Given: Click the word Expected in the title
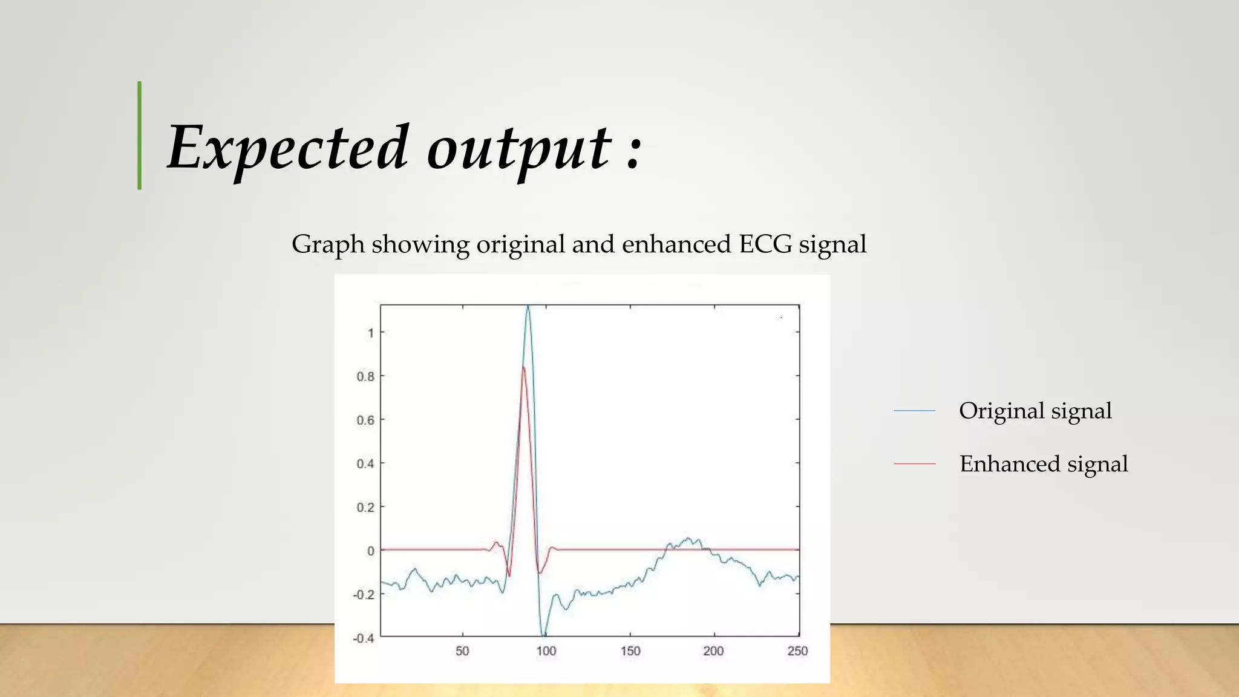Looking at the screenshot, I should [x=287, y=148].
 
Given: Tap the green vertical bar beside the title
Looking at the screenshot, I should [x=140, y=136].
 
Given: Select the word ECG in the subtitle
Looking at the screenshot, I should [x=765, y=244].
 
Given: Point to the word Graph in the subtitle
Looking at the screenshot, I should [x=328, y=244].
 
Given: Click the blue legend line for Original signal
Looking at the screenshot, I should [x=914, y=411].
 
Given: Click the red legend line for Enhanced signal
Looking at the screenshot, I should [x=914, y=463].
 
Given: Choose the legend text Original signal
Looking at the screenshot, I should [x=1035, y=411].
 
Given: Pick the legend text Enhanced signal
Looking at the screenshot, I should [x=1044, y=464].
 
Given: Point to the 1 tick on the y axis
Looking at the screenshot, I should [x=370, y=333].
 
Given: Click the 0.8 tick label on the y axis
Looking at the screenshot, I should [x=365, y=376].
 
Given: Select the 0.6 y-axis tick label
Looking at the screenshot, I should [x=365, y=420].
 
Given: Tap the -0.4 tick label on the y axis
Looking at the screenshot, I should [x=364, y=638].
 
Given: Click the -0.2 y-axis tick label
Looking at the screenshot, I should [x=364, y=595].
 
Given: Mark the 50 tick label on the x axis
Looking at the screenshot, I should [x=462, y=651].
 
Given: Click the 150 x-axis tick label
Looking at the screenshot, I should [x=630, y=651].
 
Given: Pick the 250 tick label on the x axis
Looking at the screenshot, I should [x=797, y=651].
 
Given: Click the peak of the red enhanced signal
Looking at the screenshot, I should [x=523, y=367].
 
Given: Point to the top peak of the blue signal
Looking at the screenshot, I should [x=528, y=307].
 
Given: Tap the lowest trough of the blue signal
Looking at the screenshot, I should [x=544, y=634].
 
